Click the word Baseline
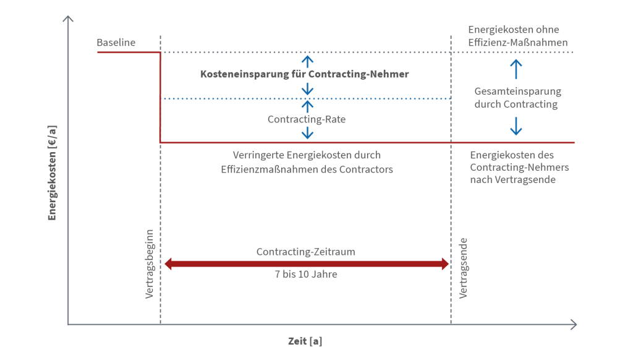116,43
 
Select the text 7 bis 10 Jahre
306,273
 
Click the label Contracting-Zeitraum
306,252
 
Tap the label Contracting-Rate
306,119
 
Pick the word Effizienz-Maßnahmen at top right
517,42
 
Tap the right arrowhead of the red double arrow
444,264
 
